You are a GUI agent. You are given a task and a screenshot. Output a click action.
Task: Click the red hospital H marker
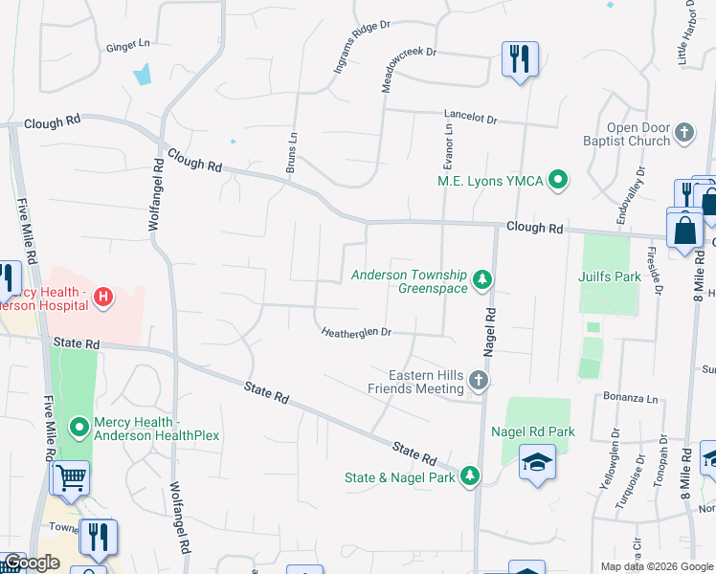(103, 299)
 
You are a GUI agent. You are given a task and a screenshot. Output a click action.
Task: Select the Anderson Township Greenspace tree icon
(483, 280)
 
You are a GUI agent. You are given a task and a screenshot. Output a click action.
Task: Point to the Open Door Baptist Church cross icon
(683, 134)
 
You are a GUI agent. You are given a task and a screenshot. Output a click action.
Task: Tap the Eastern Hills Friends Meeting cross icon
(478, 383)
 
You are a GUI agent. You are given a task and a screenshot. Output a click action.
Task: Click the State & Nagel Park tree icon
(469, 476)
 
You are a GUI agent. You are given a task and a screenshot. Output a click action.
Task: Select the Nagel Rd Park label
(532, 431)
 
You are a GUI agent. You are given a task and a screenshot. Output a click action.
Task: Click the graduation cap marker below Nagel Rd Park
(538, 463)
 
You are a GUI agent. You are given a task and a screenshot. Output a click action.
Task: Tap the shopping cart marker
(71, 478)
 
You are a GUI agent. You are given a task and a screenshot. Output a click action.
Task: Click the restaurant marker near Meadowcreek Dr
(520, 59)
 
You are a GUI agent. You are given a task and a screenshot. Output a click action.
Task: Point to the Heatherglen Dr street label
(356, 332)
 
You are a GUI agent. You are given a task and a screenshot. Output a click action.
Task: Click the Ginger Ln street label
(128, 45)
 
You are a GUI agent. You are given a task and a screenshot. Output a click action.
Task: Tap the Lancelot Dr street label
(470, 120)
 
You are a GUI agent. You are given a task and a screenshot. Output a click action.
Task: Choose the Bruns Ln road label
(292, 153)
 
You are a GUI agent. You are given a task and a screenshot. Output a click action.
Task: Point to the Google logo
(31, 563)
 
